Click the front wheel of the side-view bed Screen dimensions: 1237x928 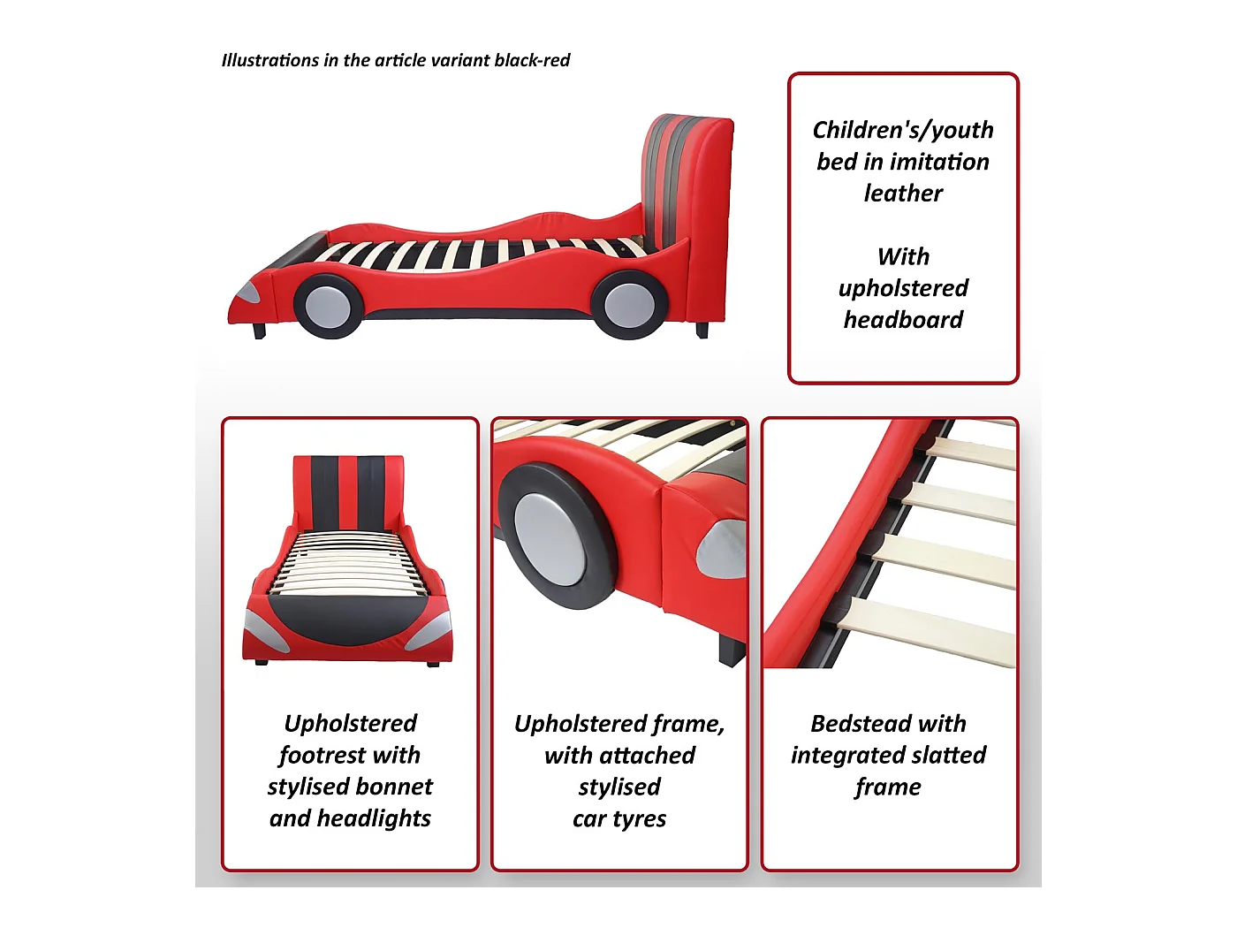pos(329,306)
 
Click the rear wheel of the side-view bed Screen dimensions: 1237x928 pos(629,305)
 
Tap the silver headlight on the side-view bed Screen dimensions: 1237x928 pos(248,293)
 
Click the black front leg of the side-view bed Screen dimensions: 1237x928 pos(259,331)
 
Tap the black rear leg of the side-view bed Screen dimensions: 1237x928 pos(702,330)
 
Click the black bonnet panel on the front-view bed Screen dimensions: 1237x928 pos(346,618)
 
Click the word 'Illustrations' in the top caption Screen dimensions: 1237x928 pos(270,60)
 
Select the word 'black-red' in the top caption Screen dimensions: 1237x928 pos(532,60)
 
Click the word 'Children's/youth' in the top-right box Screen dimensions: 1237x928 pos(903,131)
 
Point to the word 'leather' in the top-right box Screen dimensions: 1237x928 pos(903,194)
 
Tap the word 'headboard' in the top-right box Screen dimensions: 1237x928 pos(903,319)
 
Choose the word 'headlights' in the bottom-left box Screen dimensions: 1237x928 pos(375,818)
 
